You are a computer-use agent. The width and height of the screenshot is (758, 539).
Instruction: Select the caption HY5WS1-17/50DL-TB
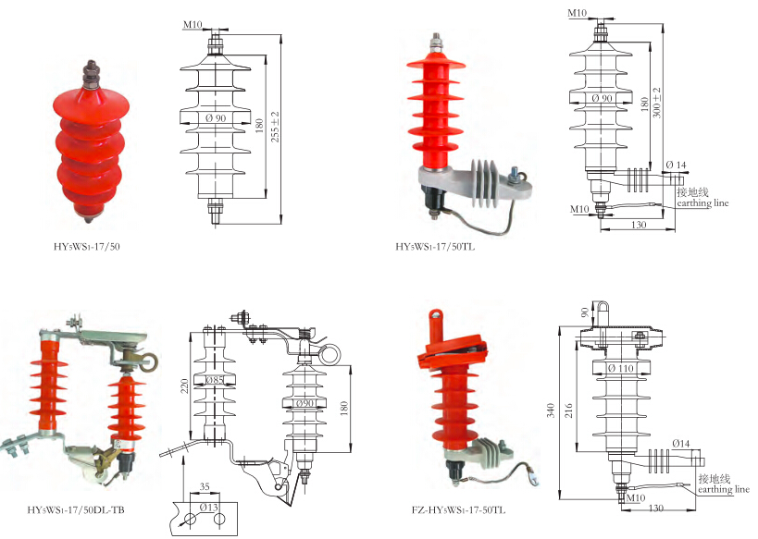coord(78,510)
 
